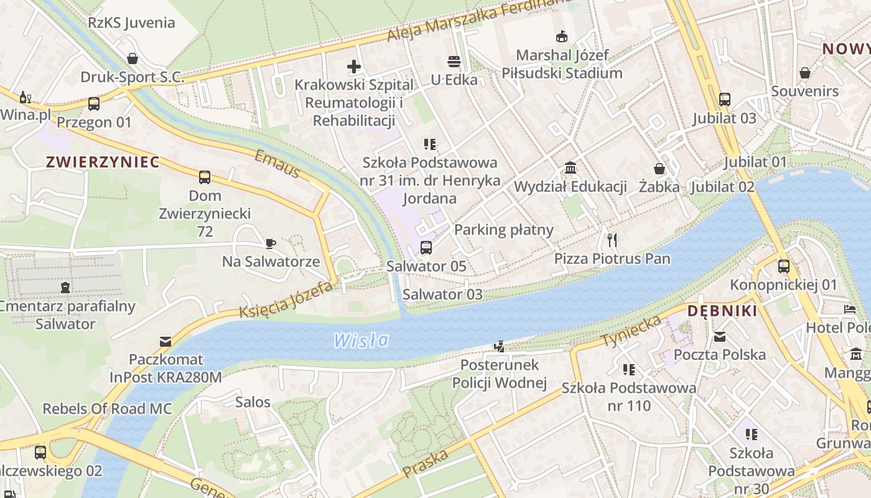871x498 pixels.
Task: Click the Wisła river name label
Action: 361,340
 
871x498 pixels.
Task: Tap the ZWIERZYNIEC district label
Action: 103,162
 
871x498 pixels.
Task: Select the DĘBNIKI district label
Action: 722,311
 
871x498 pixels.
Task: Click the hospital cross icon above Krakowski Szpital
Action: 354,67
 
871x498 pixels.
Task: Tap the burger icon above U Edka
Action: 454,62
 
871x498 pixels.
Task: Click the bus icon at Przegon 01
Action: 94,104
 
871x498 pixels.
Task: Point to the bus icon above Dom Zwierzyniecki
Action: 205,177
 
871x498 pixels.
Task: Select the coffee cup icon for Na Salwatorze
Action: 271,243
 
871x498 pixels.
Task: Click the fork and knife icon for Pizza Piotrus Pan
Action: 612,240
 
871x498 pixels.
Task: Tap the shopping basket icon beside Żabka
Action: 659,169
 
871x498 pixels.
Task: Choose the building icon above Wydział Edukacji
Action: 571,168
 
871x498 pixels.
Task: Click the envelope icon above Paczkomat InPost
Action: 165,341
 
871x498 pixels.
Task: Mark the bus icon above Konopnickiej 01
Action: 784,266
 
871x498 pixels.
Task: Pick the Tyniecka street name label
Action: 631,332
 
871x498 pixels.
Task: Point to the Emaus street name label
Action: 277,164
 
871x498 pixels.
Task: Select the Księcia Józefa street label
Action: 286,301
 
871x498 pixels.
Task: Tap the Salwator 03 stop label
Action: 442,294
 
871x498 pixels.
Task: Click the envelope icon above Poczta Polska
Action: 720,337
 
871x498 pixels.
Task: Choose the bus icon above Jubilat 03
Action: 725,100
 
